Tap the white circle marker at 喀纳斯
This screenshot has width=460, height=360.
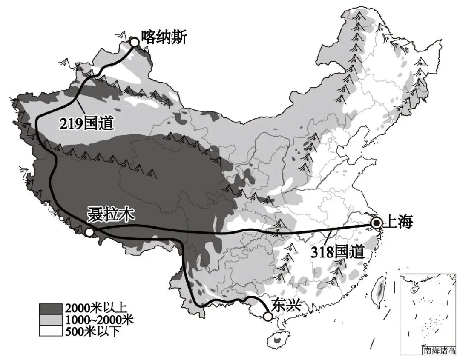click(135, 42)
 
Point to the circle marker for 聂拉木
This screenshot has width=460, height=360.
click(89, 232)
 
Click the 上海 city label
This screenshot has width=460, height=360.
click(398, 222)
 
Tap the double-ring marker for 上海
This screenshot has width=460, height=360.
click(377, 223)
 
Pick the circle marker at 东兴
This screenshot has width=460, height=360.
click(267, 317)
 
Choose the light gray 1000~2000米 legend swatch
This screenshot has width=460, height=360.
click(51, 319)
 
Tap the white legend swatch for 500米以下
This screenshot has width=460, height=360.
click(51, 330)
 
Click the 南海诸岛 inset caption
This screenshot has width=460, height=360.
click(439, 351)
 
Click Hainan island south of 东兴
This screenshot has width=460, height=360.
click(277, 340)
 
